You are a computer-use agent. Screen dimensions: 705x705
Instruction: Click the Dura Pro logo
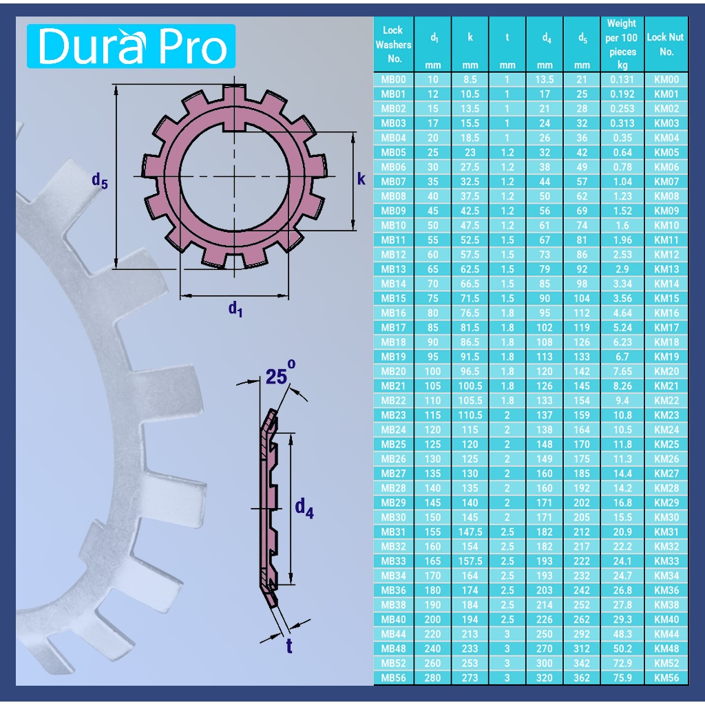(131, 46)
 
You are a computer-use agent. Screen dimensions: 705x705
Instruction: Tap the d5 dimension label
(99, 181)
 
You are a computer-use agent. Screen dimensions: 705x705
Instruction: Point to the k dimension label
(361, 179)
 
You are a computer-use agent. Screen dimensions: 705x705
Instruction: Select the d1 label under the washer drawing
(235, 309)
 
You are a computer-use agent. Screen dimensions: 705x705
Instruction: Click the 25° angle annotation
(281, 374)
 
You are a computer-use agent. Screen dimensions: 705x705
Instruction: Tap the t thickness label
(289, 646)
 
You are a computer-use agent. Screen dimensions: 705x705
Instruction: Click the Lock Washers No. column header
(393, 44)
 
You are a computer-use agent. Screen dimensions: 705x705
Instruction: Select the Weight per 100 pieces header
(622, 44)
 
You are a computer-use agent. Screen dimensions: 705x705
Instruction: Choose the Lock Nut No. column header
(666, 44)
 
